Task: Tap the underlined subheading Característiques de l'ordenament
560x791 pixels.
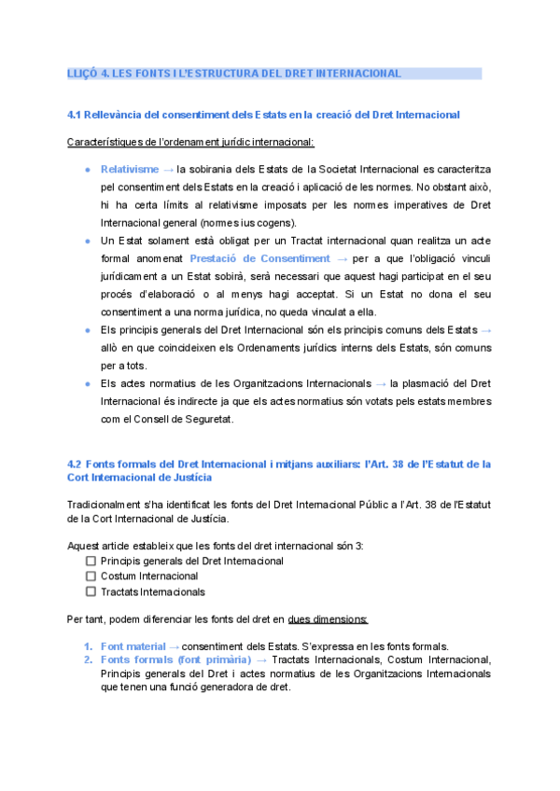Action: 190,142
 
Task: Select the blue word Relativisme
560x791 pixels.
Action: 129,170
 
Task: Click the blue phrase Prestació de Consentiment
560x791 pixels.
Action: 259,257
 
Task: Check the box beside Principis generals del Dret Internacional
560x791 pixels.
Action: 91,562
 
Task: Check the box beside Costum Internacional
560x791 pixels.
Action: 91,576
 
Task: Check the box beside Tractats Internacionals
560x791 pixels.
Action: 91,591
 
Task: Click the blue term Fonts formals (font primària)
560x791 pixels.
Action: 175,660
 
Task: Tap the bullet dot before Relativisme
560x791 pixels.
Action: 87,170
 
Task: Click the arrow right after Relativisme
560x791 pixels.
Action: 168,170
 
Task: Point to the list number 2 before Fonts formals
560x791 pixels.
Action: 88,660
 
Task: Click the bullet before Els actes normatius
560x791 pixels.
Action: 87,383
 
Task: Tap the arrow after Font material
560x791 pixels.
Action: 173,646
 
